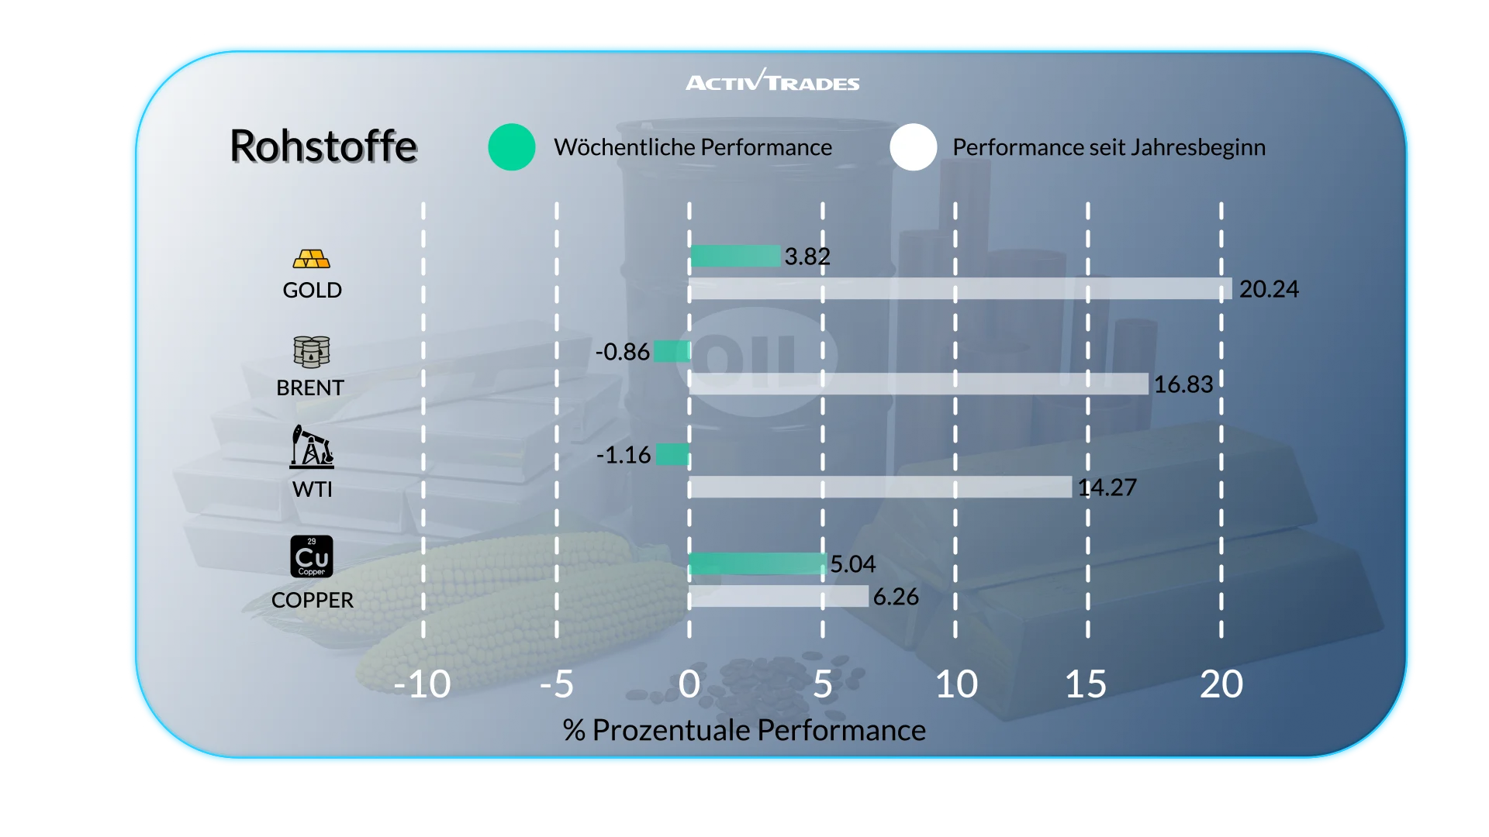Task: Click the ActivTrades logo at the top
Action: (772, 81)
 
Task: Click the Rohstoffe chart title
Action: (323, 146)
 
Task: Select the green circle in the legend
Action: (512, 147)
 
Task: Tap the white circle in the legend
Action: (914, 147)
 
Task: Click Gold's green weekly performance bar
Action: (735, 256)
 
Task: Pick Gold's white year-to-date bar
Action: (960, 289)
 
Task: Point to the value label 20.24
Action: (1269, 289)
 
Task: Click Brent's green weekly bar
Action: (672, 351)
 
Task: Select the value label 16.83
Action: (1183, 384)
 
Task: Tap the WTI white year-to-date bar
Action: (880, 487)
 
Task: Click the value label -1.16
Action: (624, 455)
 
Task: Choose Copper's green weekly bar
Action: (757, 563)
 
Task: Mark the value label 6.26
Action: (896, 597)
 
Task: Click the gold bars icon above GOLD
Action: (312, 259)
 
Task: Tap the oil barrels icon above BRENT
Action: (312, 352)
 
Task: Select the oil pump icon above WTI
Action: (312, 447)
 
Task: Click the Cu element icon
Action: (312, 556)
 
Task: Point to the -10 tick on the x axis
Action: (422, 684)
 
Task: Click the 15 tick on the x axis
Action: (1086, 684)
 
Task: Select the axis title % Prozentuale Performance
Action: (744, 730)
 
